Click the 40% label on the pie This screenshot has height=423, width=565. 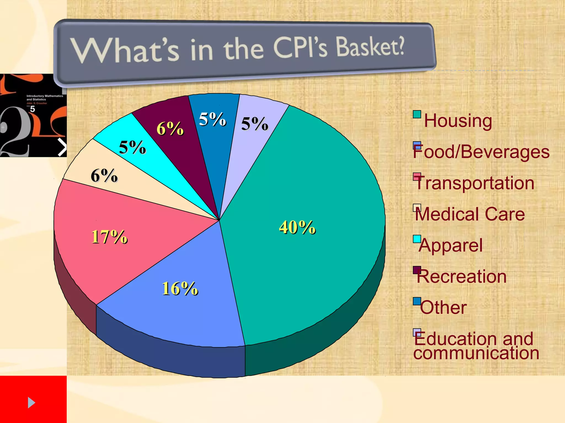297,227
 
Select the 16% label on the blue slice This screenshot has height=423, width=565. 180,288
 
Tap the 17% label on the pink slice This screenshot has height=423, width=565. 110,237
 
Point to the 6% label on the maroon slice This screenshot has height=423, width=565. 170,128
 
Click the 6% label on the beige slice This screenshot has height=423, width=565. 104,175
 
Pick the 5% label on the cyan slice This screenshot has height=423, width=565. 132,147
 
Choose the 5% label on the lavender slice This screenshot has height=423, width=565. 254,124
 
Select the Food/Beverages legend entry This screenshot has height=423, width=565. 481,152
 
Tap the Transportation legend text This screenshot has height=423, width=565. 475,183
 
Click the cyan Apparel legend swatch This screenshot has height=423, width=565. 417,239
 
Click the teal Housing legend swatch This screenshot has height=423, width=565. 417,114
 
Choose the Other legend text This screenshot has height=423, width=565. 443,307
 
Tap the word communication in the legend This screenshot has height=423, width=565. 476,353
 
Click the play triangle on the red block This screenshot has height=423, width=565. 31,403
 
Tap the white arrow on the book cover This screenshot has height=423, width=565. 62,147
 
